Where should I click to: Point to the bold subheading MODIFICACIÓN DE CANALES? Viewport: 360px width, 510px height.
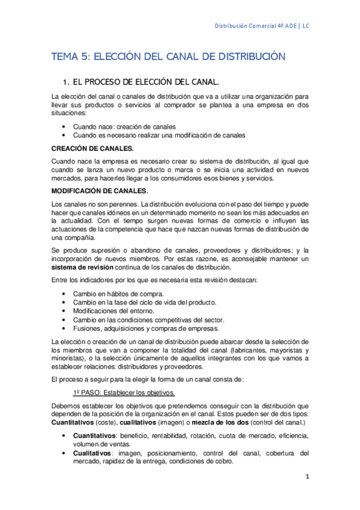point(100,190)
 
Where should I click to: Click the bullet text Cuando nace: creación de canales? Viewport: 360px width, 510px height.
point(124,127)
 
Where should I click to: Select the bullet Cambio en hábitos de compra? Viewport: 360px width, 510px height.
point(118,293)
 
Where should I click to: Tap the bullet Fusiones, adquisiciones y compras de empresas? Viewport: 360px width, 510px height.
point(146,328)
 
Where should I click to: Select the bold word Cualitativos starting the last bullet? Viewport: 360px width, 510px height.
point(92,453)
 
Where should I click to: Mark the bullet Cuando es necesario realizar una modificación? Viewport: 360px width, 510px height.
point(159,135)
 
